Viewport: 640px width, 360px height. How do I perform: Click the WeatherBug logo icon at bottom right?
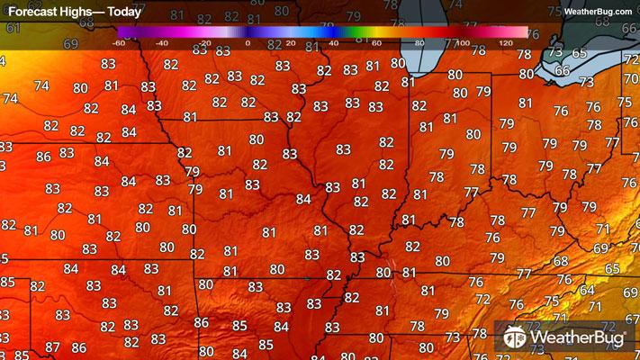(x=515, y=337)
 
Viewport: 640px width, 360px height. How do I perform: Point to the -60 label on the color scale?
(x=118, y=42)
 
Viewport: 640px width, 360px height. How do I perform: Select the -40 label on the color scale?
(x=161, y=42)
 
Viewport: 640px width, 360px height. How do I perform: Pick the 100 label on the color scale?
(x=462, y=42)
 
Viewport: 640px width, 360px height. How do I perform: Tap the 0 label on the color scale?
(x=247, y=42)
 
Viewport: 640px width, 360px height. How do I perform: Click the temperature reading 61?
(x=13, y=28)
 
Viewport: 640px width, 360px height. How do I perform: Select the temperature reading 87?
(x=53, y=347)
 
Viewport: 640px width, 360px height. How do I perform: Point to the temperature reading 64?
(x=587, y=290)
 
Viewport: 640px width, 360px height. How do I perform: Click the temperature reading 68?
(x=561, y=261)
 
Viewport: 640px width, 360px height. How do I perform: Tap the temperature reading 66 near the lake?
(x=563, y=70)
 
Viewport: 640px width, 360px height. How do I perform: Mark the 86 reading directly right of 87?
(x=79, y=347)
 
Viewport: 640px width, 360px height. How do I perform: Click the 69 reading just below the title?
(x=71, y=44)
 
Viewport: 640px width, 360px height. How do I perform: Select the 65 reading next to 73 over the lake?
(x=579, y=53)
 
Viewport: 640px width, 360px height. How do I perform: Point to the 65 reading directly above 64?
(x=612, y=268)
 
